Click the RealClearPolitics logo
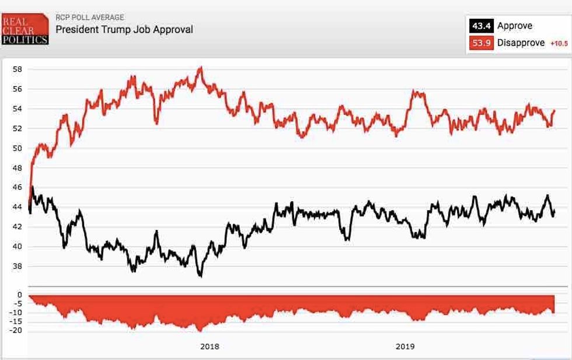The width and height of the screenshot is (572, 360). [x=25, y=29]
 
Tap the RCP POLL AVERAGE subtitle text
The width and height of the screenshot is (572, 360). [x=89, y=18]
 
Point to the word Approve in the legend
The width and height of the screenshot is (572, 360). [x=514, y=26]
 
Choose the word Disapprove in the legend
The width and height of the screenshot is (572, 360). [x=521, y=43]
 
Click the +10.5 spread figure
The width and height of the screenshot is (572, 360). [x=559, y=43]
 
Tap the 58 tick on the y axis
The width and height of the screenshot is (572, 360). [x=17, y=69]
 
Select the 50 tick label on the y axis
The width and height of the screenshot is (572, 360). [x=17, y=148]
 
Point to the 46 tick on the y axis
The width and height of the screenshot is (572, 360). [x=17, y=187]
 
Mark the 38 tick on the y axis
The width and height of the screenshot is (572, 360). [x=17, y=266]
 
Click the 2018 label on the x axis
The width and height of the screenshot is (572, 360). [x=210, y=347]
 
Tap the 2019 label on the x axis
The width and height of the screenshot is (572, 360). [x=404, y=347]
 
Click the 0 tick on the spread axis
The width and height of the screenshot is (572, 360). [x=19, y=295]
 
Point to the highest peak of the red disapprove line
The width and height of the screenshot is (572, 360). [x=200, y=68]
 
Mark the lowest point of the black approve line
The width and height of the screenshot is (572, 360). [x=200, y=275]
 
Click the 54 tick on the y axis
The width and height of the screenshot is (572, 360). [x=17, y=109]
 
